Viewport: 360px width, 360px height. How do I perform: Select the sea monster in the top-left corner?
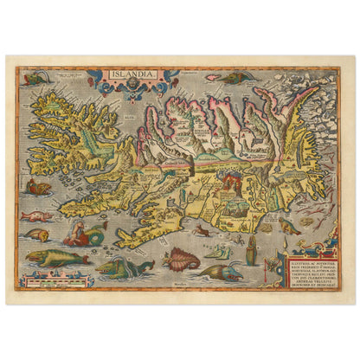point(35,79)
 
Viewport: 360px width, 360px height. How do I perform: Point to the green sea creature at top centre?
point(233,78)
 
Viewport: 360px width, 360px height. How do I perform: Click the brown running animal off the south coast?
point(201,229)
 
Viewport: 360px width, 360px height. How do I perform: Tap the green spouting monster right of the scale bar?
point(121,267)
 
